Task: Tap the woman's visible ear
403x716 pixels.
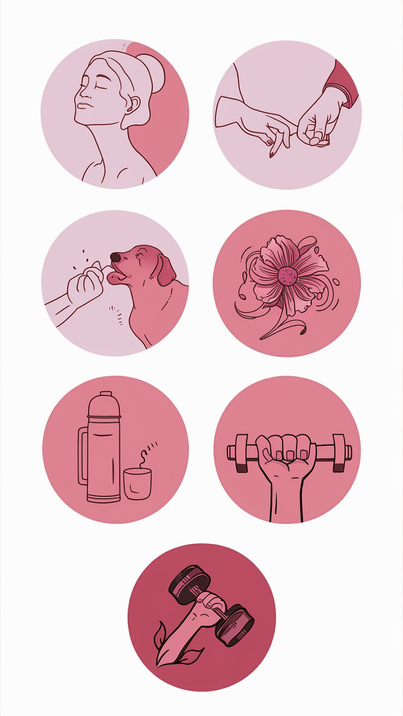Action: pyautogui.click(x=134, y=103)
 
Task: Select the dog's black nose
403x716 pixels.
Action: pyautogui.click(x=115, y=257)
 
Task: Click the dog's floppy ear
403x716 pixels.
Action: pyautogui.click(x=166, y=270)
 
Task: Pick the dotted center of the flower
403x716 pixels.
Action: pyautogui.click(x=288, y=276)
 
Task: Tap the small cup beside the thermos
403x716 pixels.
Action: pyautogui.click(x=137, y=484)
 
